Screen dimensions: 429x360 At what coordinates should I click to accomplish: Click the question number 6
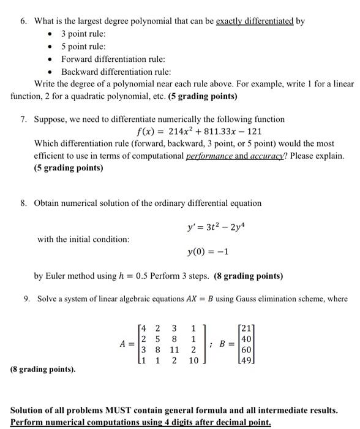[x=23, y=21]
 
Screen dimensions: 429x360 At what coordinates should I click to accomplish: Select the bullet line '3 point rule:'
[x=83, y=34]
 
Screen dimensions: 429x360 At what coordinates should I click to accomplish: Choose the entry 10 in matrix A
[x=193, y=362]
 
